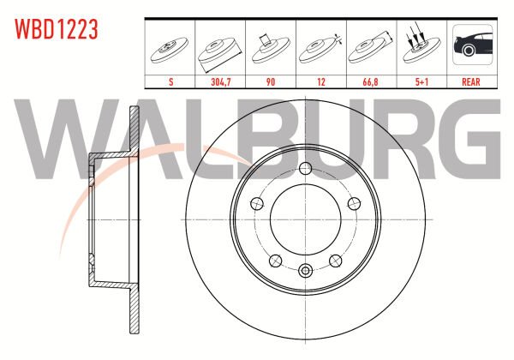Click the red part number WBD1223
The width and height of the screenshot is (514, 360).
pyautogui.click(x=56, y=29)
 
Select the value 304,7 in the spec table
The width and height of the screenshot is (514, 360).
pyautogui.click(x=221, y=82)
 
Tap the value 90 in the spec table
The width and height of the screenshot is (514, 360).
pyautogui.click(x=271, y=82)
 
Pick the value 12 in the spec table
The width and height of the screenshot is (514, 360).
pyautogui.click(x=321, y=82)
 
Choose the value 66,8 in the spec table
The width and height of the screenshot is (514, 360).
pyautogui.click(x=370, y=82)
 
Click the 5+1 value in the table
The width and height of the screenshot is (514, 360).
pyautogui.click(x=421, y=82)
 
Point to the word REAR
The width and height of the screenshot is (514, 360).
pyautogui.click(x=471, y=82)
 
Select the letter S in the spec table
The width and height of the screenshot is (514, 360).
pyautogui.click(x=170, y=82)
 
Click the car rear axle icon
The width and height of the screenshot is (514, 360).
pyautogui.click(x=472, y=45)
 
